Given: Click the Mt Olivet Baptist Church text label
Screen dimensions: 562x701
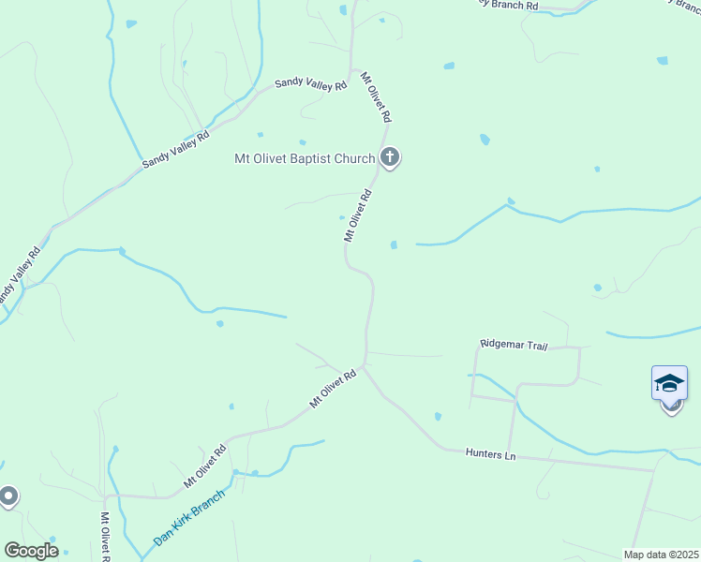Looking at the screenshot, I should click(x=305, y=158).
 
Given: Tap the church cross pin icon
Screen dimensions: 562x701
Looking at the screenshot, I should click(x=390, y=158).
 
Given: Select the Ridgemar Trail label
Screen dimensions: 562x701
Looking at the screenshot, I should click(x=514, y=346).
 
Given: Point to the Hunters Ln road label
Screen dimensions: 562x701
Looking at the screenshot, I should click(x=491, y=453).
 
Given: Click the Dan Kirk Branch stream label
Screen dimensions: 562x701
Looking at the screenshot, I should click(x=189, y=518).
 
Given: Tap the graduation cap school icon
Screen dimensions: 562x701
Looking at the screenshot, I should click(x=669, y=383).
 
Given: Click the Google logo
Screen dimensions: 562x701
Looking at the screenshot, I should click(x=31, y=551).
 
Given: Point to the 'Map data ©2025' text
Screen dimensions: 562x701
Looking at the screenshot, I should click(x=661, y=554).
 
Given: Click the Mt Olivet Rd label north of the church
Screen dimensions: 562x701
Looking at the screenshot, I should click(x=377, y=98).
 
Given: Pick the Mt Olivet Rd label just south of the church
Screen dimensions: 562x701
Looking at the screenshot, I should click(x=358, y=215).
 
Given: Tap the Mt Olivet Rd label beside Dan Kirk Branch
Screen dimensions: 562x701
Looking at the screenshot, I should click(x=206, y=466).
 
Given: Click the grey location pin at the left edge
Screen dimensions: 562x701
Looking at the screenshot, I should click(x=7, y=495).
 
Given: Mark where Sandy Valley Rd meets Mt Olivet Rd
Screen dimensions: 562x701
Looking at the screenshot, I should click(x=354, y=71).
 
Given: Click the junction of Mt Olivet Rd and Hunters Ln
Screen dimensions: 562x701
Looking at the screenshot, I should click(x=364, y=367).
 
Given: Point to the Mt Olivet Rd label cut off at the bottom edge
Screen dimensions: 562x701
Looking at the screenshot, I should click(x=106, y=537).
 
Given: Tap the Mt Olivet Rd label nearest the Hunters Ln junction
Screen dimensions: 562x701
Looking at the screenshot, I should click(x=334, y=389).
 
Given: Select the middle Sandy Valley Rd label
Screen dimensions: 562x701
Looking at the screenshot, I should click(x=175, y=149).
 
